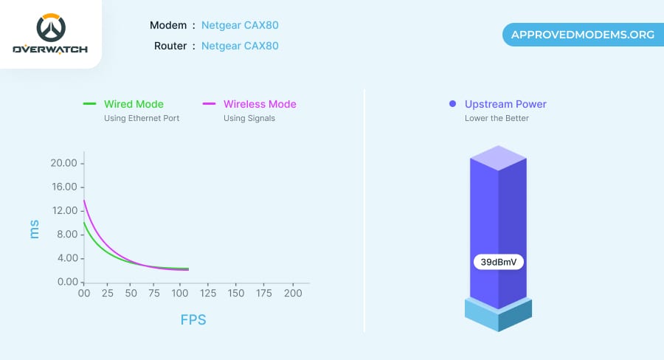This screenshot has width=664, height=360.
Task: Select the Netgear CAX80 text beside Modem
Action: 240,26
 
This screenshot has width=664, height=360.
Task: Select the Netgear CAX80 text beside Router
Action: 240,46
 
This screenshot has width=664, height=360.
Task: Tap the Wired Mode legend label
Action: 134,104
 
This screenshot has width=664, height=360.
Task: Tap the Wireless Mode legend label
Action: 260,104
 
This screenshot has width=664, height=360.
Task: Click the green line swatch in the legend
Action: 90,104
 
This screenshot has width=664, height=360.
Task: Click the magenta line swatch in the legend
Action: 209,104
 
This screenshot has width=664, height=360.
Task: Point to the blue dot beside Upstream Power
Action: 452,104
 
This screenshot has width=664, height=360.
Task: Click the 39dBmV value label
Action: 499,262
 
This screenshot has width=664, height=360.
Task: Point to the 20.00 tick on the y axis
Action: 63,163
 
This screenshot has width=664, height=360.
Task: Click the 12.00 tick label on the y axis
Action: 63,211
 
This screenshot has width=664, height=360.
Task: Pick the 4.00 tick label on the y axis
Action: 65,258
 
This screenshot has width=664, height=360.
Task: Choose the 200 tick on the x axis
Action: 294,294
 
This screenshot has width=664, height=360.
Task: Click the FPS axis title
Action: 193,320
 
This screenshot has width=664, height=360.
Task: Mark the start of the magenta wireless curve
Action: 84,200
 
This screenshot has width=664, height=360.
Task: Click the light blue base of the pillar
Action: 498,316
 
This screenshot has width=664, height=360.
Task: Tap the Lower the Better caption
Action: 497,118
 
